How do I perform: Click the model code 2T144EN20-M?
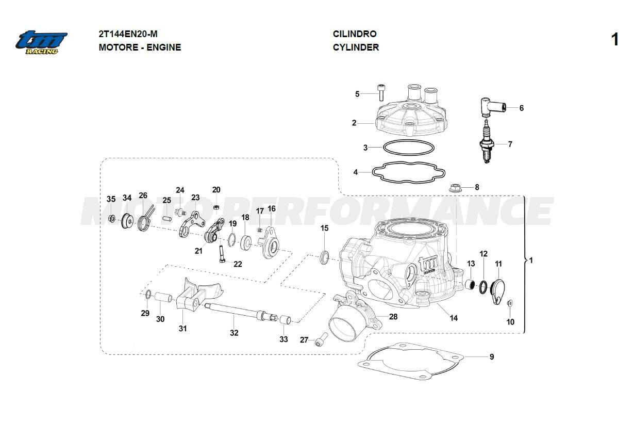128,34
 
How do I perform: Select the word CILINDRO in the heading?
355,34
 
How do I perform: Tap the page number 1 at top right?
614,40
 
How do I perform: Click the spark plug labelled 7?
486,142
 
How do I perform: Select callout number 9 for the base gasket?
492,356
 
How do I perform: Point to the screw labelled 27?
321,339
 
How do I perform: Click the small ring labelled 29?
146,295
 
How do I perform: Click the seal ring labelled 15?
325,256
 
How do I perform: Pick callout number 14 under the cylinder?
454,318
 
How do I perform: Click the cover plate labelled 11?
498,291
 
